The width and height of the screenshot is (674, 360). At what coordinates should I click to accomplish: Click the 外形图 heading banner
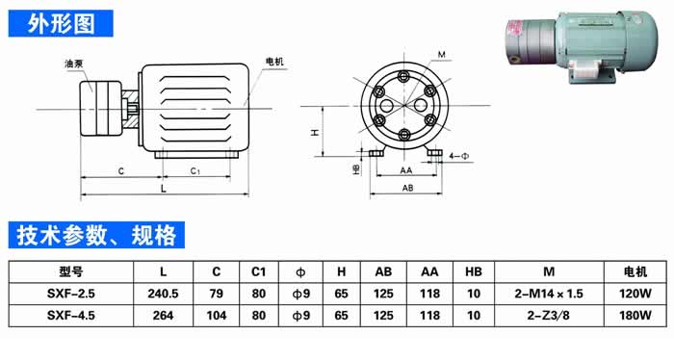pos(61,24)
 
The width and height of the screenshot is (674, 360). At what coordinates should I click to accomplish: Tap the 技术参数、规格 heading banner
pos(96,235)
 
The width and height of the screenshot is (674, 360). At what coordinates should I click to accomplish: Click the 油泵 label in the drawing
pos(73,64)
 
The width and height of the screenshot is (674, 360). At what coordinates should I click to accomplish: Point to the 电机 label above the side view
pos(275,62)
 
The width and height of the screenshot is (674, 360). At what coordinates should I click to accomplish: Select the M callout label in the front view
pos(441,55)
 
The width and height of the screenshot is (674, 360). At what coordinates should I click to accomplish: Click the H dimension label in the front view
pos(316,132)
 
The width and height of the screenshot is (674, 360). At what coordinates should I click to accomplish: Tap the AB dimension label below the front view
pos(407,188)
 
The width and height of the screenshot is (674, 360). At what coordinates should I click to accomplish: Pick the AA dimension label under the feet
pos(405,170)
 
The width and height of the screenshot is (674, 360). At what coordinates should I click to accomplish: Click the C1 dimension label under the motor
pos(195,171)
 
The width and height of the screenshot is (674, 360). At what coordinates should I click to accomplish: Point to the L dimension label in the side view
pos(164,189)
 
